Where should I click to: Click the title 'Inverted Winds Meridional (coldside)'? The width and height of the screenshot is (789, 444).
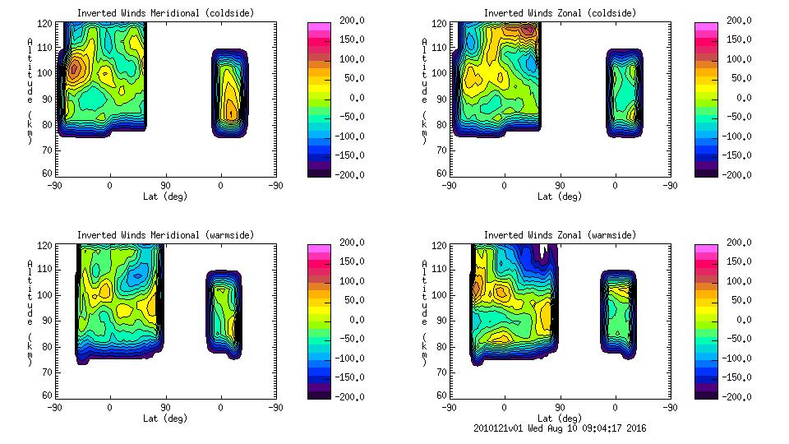(x=165, y=13)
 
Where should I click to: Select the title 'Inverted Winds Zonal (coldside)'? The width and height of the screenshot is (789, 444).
(x=560, y=13)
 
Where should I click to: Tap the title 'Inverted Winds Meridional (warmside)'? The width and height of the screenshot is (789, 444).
(x=165, y=235)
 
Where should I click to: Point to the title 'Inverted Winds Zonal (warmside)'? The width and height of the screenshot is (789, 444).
(x=560, y=235)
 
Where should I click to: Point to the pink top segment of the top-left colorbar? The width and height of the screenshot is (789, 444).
(x=319, y=27)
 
